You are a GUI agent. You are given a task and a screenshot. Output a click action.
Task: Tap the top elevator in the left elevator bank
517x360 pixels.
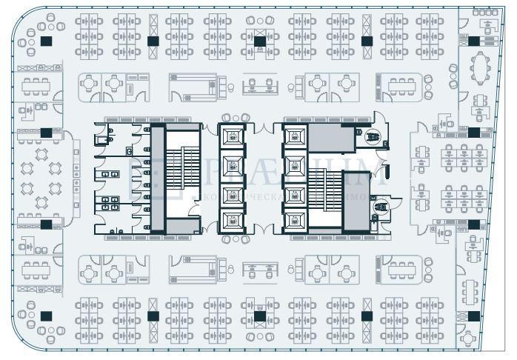[x=231, y=136]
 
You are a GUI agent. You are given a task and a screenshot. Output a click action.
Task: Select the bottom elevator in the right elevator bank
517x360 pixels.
[x=295, y=220]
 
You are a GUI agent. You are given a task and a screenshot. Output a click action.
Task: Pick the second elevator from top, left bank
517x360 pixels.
[x=231, y=164]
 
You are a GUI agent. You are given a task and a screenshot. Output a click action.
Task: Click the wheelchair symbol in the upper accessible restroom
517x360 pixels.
[x=373, y=136]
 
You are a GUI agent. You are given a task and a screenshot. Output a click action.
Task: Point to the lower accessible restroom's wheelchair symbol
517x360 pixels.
[x=382, y=208]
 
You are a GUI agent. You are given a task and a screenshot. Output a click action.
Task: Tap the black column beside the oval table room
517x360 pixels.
[x=473, y=41]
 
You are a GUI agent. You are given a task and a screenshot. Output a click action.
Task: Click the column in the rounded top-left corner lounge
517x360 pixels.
[x=46, y=41]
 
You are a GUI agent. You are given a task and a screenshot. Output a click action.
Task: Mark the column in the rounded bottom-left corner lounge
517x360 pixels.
[x=46, y=316]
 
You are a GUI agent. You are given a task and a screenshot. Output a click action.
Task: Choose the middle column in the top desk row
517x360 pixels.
[x=260, y=41]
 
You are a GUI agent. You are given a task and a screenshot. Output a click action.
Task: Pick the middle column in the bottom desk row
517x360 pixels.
[x=260, y=316]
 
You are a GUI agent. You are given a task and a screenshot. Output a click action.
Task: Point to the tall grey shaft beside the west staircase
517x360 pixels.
[x=157, y=179]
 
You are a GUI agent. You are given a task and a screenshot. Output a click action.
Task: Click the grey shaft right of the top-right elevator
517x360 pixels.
[x=330, y=138]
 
